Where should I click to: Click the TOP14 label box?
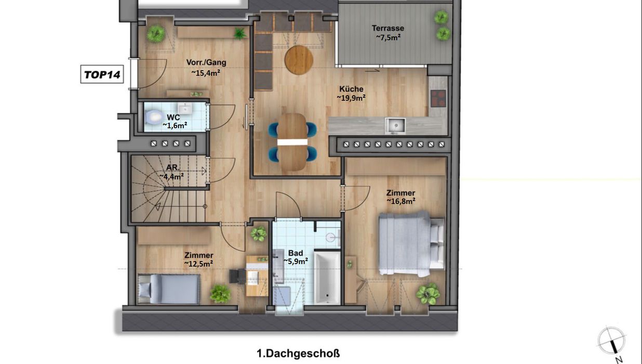coord(102,74)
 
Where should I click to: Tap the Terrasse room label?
coord(388,28)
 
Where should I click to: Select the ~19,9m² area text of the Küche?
coord(351,98)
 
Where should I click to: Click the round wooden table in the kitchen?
coord(299,60)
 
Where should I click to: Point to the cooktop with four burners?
coord(438,98)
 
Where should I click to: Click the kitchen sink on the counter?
coord(395,126)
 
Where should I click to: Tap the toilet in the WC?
coord(153,117)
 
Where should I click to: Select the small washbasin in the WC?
coord(185,109)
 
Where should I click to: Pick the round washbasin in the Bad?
coord(331,238)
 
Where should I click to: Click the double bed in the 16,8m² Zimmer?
coord(411,244)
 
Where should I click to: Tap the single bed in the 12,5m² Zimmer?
coord(169,289)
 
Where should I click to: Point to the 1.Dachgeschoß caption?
coord(298,354)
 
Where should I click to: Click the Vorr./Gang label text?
coord(206,62)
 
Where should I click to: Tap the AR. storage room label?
coord(173,167)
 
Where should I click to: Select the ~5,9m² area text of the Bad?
coord(296,261)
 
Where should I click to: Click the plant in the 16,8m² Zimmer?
coord(427,293)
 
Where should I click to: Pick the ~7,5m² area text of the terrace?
coord(389,37)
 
